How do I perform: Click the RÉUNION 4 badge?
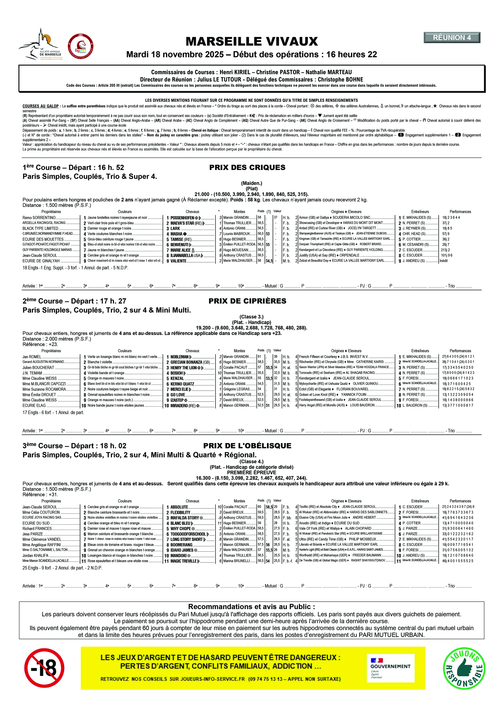pyautogui.click(x=452, y=38)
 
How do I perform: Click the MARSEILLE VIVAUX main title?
pyautogui.click(x=252, y=41)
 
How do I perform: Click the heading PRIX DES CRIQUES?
pyautogui.click(x=247, y=167)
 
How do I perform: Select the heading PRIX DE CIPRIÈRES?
pyautogui.click(x=247, y=301)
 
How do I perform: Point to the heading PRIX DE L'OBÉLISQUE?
pyautogui.click(x=247, y=446)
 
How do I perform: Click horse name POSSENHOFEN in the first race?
pyautogui.click(x=182, y=218)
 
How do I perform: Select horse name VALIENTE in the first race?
pyautogui.click(x=178, y=261)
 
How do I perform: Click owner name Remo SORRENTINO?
pyautogui.click(x=39, y=218)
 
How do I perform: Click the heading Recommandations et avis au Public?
pyautogui.click(x=251, y=607)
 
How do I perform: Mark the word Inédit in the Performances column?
pyautogui.click(x=443, y=261)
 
